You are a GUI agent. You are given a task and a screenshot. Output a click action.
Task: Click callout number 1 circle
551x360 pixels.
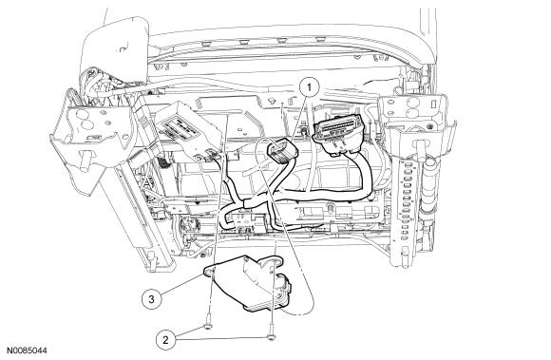(309, 87)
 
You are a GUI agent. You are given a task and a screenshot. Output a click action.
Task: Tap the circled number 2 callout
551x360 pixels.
(165, 340)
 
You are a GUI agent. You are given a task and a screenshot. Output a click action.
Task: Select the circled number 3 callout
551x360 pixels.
(151, 299)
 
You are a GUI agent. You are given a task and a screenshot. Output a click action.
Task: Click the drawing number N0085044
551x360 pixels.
(27, 351)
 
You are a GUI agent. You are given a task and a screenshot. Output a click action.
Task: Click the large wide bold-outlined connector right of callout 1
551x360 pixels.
(338, 134)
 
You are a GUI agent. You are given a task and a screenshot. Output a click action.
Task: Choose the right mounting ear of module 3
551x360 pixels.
(275, 260)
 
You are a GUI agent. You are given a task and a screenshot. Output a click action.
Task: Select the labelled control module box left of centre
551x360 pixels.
(189, 132)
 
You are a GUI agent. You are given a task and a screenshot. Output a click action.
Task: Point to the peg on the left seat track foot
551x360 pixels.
(84, 160)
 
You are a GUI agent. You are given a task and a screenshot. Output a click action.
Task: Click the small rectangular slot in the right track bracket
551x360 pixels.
(434, 104)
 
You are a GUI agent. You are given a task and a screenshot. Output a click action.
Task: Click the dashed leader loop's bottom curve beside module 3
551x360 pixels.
(303, 312)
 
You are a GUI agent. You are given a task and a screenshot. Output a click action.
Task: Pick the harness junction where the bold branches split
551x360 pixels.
(249, 203)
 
